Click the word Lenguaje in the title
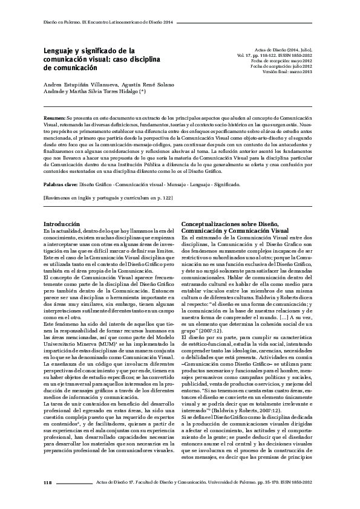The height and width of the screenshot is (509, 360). point(63,52)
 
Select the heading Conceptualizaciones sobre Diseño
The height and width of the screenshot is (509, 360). point(225,225)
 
